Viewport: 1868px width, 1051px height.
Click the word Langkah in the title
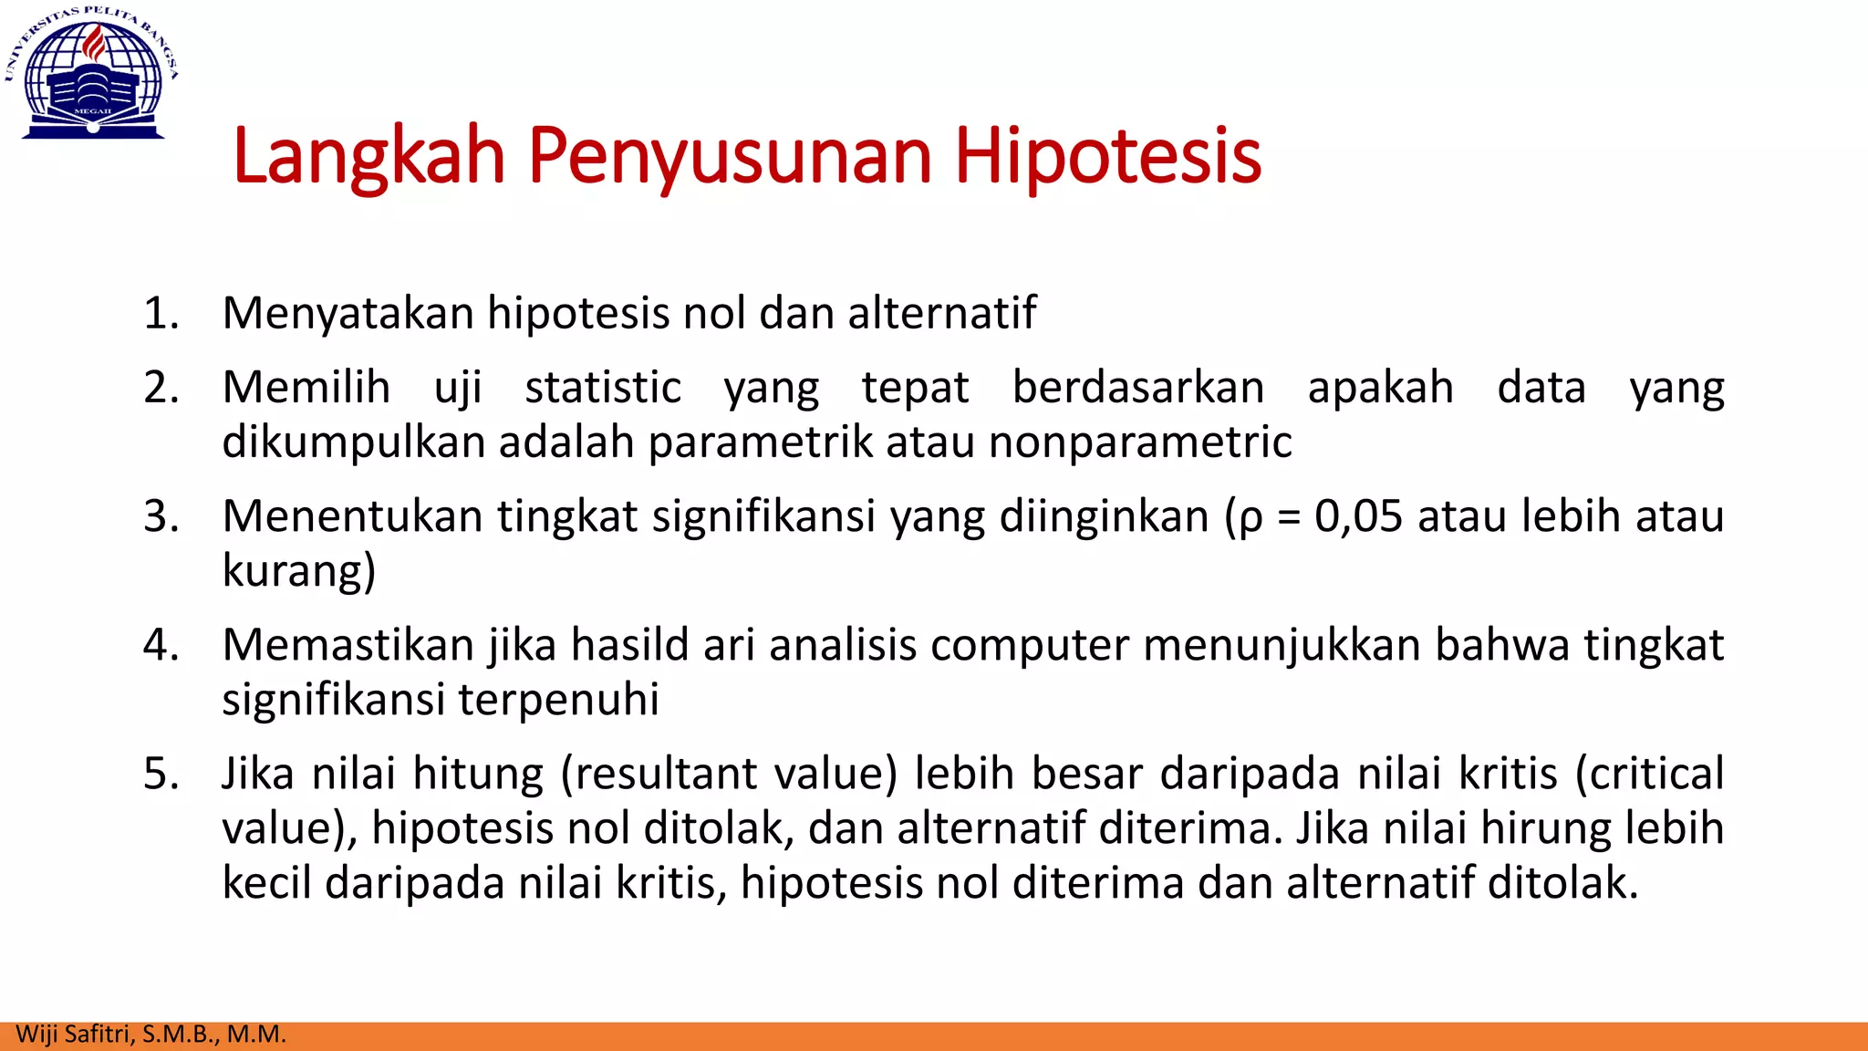(368, 157)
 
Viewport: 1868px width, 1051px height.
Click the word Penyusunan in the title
(730, 157)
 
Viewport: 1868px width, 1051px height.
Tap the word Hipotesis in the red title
(1107, 157)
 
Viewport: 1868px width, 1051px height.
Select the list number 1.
(161, 314)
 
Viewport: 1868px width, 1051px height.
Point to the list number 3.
(161, 516)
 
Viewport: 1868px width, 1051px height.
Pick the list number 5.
(161, 774)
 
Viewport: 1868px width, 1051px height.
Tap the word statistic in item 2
(603, 389)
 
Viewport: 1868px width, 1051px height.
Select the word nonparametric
(1140, 442)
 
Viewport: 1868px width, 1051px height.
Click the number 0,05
(1357, 516)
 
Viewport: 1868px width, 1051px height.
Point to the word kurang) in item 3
(299, 572)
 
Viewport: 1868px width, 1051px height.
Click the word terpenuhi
(558, 700)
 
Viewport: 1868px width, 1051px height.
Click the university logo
(92, 73)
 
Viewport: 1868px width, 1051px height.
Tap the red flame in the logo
(94, 43)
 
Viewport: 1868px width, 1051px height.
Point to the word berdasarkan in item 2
(1138, 389)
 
